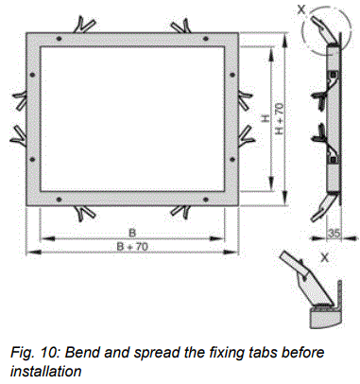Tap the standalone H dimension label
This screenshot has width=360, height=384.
coord(266,120)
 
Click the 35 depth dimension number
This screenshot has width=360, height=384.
coord(336,231)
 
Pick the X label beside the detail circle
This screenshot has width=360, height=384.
coord(300,9)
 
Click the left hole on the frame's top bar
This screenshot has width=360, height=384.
coord(59,39)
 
